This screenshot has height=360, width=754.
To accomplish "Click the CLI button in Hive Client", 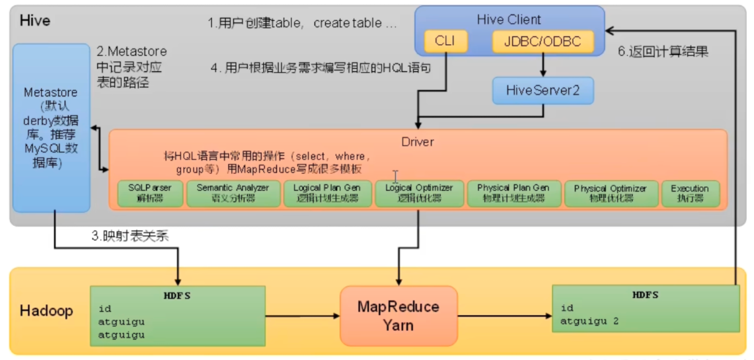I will point(445,42).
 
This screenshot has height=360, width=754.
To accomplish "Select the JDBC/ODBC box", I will point(543,42).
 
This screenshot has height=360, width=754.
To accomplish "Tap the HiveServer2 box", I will point(543,90).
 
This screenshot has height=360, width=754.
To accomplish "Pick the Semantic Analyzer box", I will point(233,193).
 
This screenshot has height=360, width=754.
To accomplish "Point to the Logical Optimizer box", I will point(419,193).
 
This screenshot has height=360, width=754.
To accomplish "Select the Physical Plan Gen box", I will point(513,193).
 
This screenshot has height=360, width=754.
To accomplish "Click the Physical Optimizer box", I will point(611,193).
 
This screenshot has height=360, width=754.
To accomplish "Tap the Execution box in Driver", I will point(690,193).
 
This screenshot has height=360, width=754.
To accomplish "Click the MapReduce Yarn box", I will point(398,316).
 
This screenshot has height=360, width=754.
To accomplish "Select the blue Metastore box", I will point(51,128).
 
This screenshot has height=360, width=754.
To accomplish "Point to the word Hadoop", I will point(46,310).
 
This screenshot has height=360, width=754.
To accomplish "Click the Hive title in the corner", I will point(34,20).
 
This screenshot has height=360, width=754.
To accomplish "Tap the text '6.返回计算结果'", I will point(663,52).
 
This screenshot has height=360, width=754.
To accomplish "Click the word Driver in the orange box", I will point(418,141).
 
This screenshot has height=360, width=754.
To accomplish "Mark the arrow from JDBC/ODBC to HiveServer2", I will point(543,65).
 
